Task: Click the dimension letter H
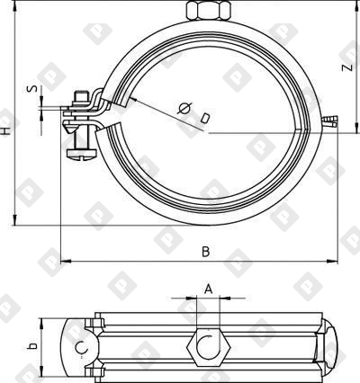(7, 130)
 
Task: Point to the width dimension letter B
(205, 252)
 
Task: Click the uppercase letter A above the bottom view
(208, 289)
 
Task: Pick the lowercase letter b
(31, 344)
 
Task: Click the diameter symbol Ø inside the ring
(185, 108)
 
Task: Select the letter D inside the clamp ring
(206, 118)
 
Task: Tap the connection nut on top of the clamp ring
(208, 10)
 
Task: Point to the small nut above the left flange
(83, 95)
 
